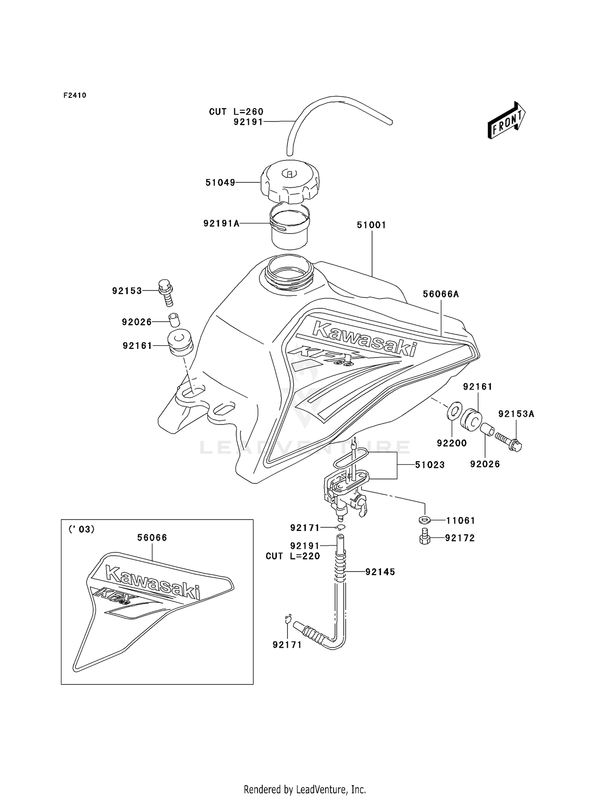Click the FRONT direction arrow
click(x=507, y=120)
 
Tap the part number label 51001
click(x=371, y=225)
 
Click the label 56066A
click(x=441, y=294)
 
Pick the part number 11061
click(x=460, y=520)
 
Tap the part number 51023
click(x=429, y=465)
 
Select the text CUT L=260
click(x=236, y=112)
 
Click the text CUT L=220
click(x=293, y=556)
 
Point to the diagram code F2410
click(x=75, y=95)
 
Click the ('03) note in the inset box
click(x=82, y=529)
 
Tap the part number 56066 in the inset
click(x=152, y=538)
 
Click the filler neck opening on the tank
click(x=289, y=270)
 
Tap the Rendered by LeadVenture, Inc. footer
click(x=305, y=789)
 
